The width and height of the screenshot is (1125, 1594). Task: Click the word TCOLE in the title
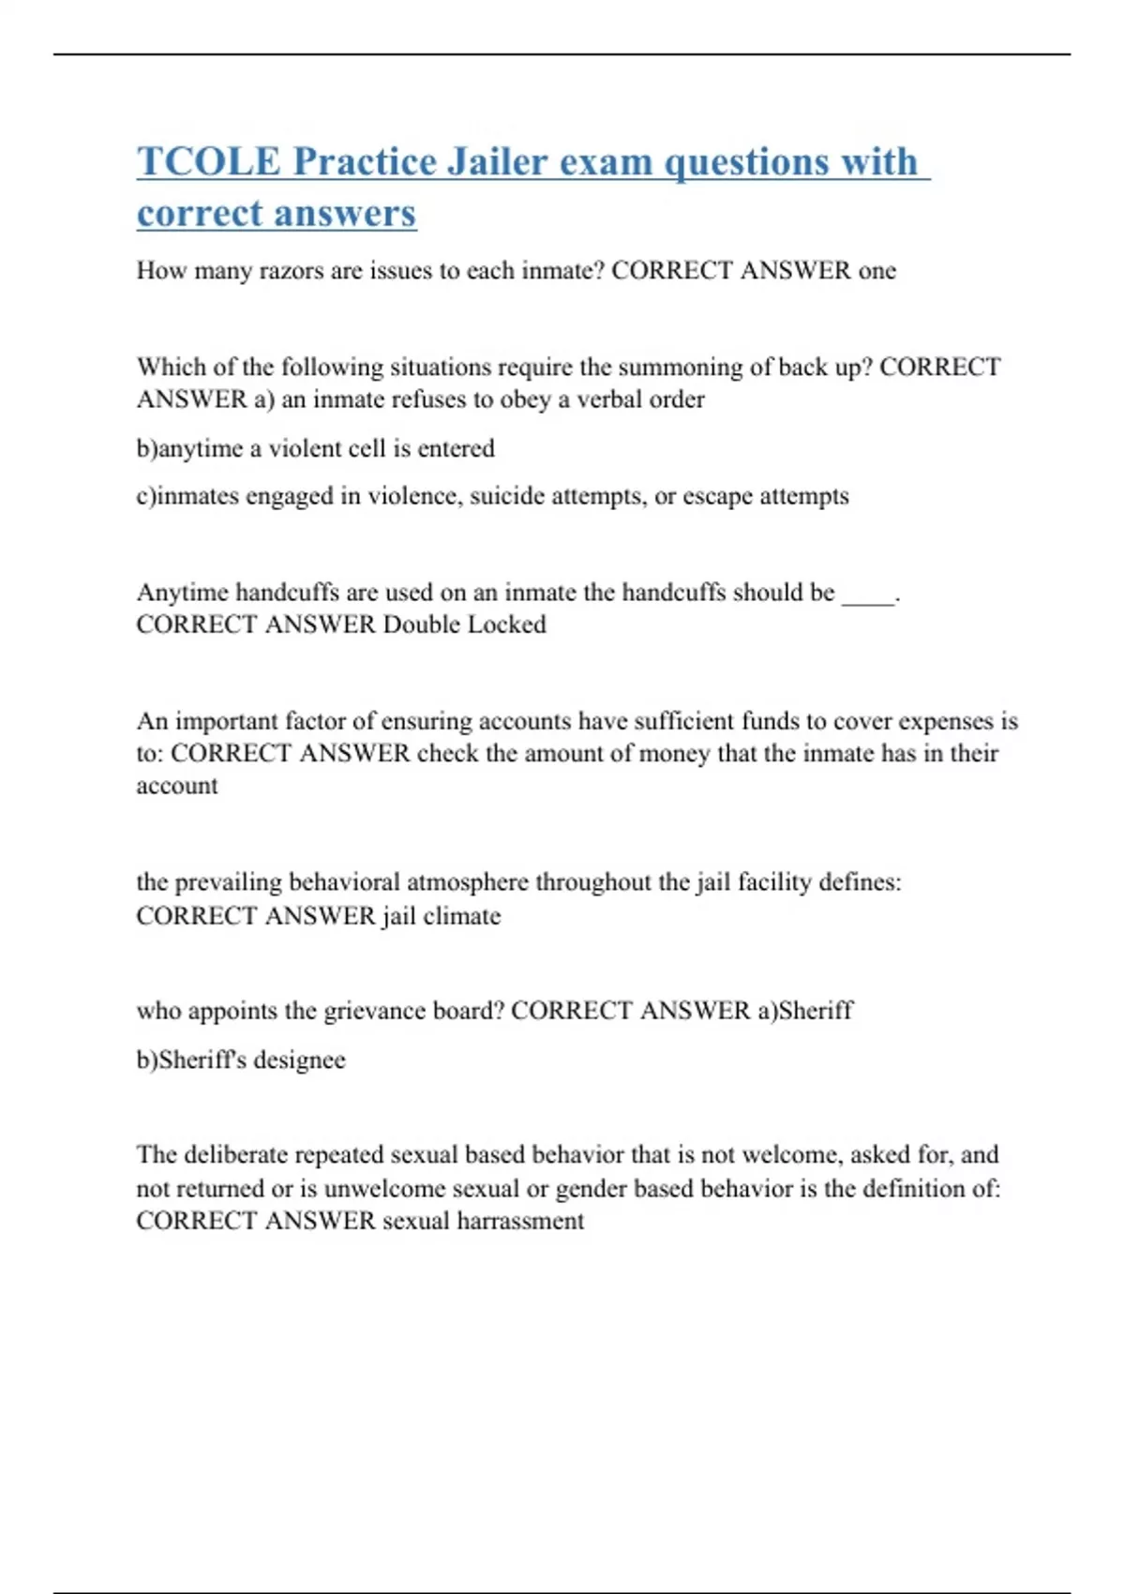tap(208, 161)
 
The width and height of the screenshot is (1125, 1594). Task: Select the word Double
tap(422, 624)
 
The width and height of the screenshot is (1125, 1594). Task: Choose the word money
tap(674, 754)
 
